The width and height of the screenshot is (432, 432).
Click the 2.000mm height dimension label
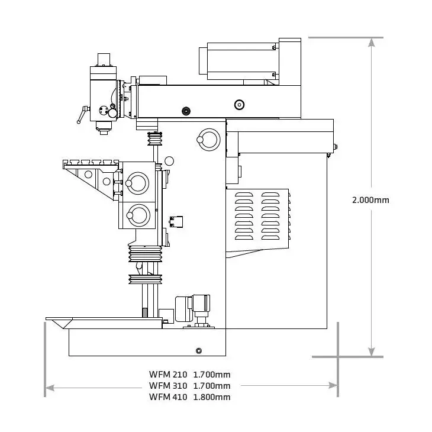coord(370,199)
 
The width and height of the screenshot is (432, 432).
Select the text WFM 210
coord(167,374)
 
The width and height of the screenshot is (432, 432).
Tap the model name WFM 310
coord(167,385)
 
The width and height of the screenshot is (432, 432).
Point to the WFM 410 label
coord(167,397)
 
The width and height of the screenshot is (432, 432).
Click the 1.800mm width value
coord(212,397)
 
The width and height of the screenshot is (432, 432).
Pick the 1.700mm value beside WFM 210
coord(212,374)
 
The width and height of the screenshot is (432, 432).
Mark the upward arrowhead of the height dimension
coord(371,43)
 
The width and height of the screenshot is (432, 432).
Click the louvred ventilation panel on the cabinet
coord(261,215)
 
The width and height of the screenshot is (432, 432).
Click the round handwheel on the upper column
coord(209,139)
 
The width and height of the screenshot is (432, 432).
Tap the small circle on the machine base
coord(198,351)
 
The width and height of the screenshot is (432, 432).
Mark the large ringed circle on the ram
coord(239,105)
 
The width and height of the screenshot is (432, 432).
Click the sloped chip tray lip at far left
coord(58,323)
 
